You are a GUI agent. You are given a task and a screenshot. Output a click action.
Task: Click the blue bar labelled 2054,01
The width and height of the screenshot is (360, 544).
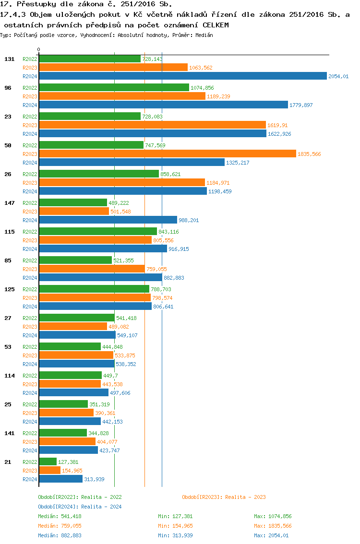[x=182, y=76]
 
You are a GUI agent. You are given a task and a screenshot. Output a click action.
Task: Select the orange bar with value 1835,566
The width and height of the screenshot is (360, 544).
[x=168, y=154]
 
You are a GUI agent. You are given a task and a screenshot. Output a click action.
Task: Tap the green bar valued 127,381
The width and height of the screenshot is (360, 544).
[x=48, y=462]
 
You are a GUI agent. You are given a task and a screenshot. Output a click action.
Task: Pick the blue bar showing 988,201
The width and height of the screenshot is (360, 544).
[x=108, y=220]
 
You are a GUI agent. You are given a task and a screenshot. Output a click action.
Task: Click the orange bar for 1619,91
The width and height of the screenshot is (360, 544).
[x=152, y=125]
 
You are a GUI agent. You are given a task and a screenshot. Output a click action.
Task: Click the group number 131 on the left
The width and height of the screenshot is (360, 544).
[x=9, y=59]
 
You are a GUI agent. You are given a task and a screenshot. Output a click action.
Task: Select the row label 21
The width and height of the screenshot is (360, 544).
[x=8, y=462]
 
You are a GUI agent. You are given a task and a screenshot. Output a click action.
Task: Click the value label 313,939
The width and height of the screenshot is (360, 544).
[x=94, y=479]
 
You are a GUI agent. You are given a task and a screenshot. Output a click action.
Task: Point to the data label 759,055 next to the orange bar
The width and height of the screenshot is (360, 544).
[x=156, y=269]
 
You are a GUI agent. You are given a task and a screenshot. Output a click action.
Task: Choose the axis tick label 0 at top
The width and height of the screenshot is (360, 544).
[x=39, y=49]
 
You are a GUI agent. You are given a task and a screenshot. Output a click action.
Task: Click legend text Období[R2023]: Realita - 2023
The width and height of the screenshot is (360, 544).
[x=224, y=497]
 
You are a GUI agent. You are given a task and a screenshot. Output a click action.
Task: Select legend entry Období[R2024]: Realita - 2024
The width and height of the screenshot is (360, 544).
[x=80, y=507]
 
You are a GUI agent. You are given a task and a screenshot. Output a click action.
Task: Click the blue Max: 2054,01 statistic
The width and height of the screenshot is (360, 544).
[x=271, y=535]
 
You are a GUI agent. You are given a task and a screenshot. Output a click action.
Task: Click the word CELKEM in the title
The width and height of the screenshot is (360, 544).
[x=216, y=24]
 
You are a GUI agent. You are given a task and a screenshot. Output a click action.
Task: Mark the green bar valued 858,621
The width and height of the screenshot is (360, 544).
[x=98, y=174]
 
